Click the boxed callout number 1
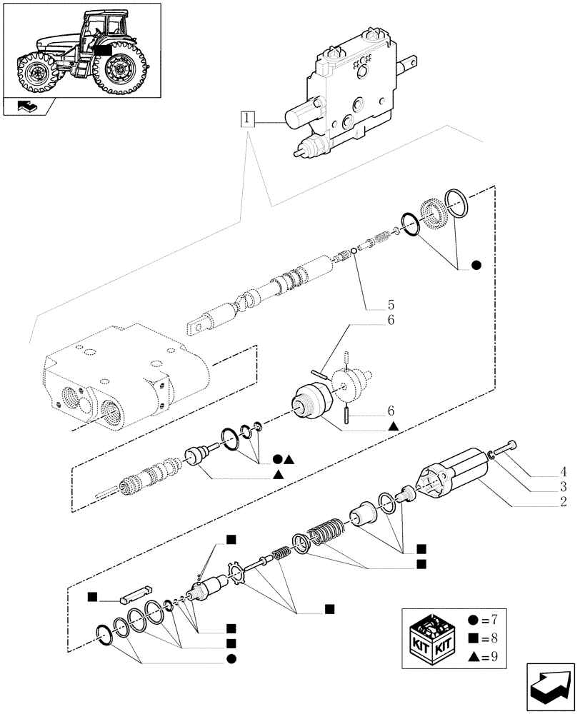(247, 119)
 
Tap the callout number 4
(564, 471)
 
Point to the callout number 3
(564, 487)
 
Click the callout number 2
(564, 503)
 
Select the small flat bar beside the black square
(134, 593)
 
